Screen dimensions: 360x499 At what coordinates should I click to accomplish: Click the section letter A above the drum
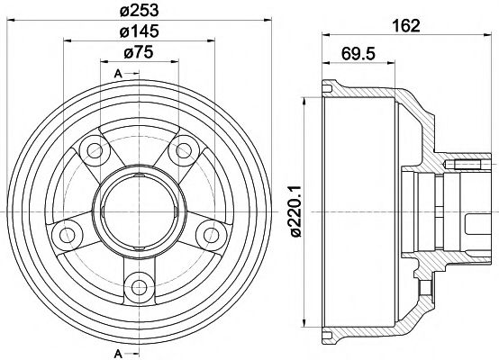pos(118,73)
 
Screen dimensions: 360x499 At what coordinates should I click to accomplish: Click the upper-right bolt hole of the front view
pos(185,148)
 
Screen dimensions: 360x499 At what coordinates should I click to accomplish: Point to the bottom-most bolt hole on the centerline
pos(137,288)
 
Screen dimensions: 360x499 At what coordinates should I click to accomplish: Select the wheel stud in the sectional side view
pos(469,165)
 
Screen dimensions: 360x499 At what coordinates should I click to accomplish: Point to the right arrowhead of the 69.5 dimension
pos(390,62)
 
